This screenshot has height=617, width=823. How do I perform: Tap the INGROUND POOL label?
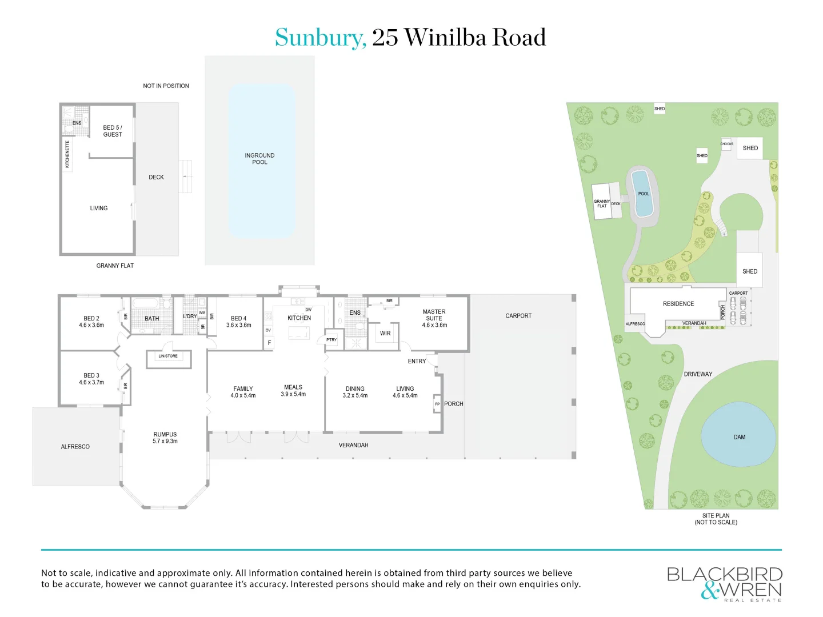pyautogui.click(x=259, y=159)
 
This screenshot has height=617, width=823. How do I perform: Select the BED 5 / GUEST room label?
pyautogui.click(x=113, y=131)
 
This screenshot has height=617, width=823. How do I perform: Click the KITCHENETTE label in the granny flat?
pyautogui.click(x=67, y=154)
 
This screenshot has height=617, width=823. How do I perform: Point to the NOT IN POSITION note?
pyautogui.click(x=166, y=86)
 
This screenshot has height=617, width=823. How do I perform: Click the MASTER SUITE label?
pyautogui.click(x=434, y=315)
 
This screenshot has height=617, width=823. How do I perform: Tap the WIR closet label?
pyautogui.click(x=385, y=333)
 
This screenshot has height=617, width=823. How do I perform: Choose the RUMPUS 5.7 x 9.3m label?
pyautogui.click(x=165, y=438)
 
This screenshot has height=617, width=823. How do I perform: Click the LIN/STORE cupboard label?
pyautogui.click(x=168, y=356)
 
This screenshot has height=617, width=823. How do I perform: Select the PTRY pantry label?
pyautogui.click(x=331, y=340)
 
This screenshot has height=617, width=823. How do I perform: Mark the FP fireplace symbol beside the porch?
pyautogui.click(x=437, y=404)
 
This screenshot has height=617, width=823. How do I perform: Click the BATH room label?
pyautogui.click(x=152, y=319)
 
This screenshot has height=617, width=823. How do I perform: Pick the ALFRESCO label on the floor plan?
pyautogui.click(x=75, y=447)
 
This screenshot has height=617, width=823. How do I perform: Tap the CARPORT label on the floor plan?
pyautogui.click(x=518, y=315)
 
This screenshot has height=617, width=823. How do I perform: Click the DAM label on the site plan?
pyautogui.click(x=740, y=437)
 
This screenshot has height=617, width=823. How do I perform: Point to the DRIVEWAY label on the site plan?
pyautogui.click(x=698, y=374)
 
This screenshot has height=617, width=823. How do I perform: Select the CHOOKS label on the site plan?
pyautogui.click(x=726, y=144)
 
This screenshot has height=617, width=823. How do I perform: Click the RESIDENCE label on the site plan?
pyautogui.click(x=678, y=304)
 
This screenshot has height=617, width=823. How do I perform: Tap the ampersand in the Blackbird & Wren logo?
pyautogui.click(x=710, y=591)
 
